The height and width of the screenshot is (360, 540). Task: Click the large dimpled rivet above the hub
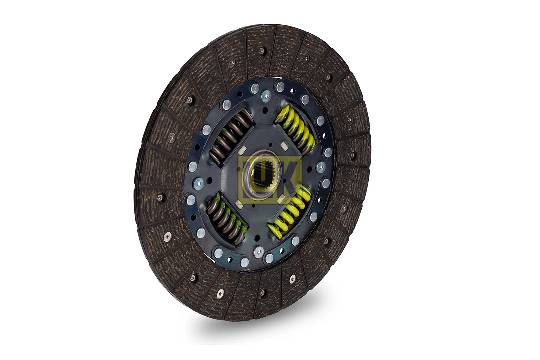(265, 96)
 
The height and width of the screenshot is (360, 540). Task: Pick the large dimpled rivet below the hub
(257, 252)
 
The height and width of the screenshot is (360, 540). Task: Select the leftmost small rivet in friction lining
(160, 197)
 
